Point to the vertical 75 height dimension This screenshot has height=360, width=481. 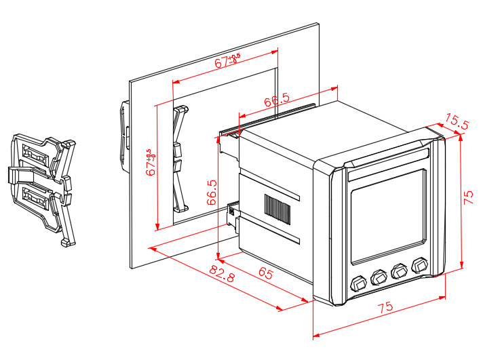(x=468, y=197)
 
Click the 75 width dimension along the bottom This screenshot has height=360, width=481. (x=385, y=308)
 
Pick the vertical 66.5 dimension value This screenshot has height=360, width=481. (x=212, y=192)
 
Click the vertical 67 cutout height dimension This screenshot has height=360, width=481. (x=151, y=163)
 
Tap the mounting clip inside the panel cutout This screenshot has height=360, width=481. (x=180, y=158)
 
